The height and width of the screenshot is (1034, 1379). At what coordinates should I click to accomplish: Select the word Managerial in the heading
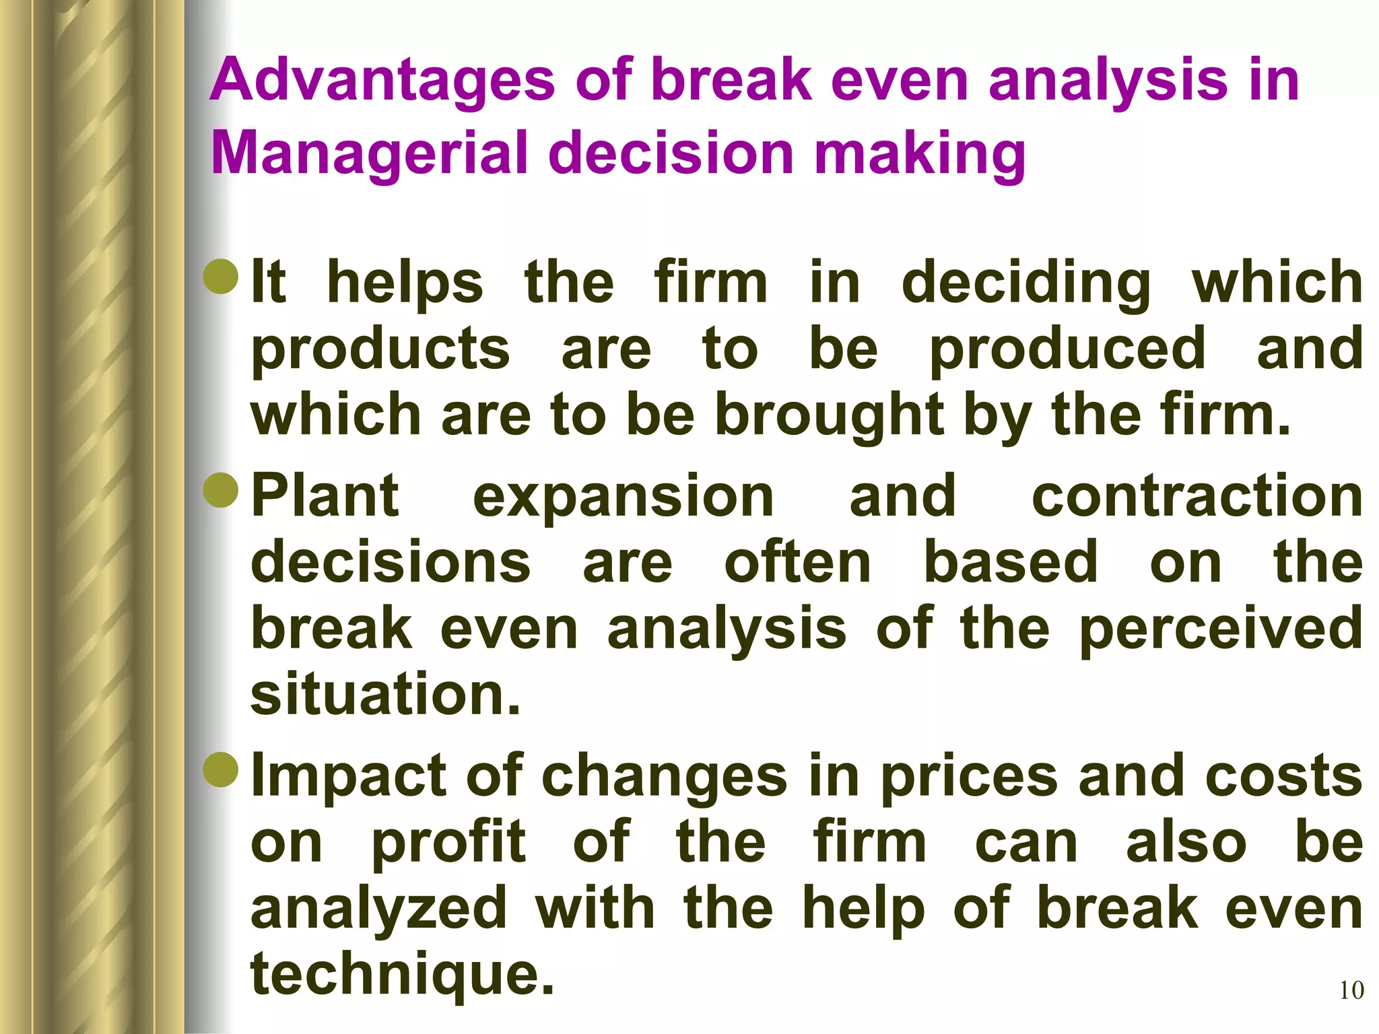pyautogui.click(x=368, y=153)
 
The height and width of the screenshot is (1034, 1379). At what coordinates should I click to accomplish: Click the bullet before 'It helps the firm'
pyautogui.click(x=221, y=278)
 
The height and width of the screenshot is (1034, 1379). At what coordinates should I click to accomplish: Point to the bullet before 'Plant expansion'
pyautogui.click(x=221, y=491)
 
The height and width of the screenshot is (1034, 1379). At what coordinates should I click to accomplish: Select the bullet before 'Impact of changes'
pyautogui.click(x=221, y=770)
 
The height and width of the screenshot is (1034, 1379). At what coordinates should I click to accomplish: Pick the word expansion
pyautogui.click(x=624, y=496)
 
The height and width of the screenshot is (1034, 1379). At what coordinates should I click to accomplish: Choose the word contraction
pyautogui.click(x=1197, y=496)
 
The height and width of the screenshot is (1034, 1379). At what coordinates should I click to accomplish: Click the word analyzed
pyautogui.click(x=378, y=909)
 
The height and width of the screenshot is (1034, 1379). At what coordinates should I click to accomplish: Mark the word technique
pyautogui.click(x=402, y=975)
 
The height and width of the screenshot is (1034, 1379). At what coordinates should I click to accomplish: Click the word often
pyautogui.click(x=798, y=563)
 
